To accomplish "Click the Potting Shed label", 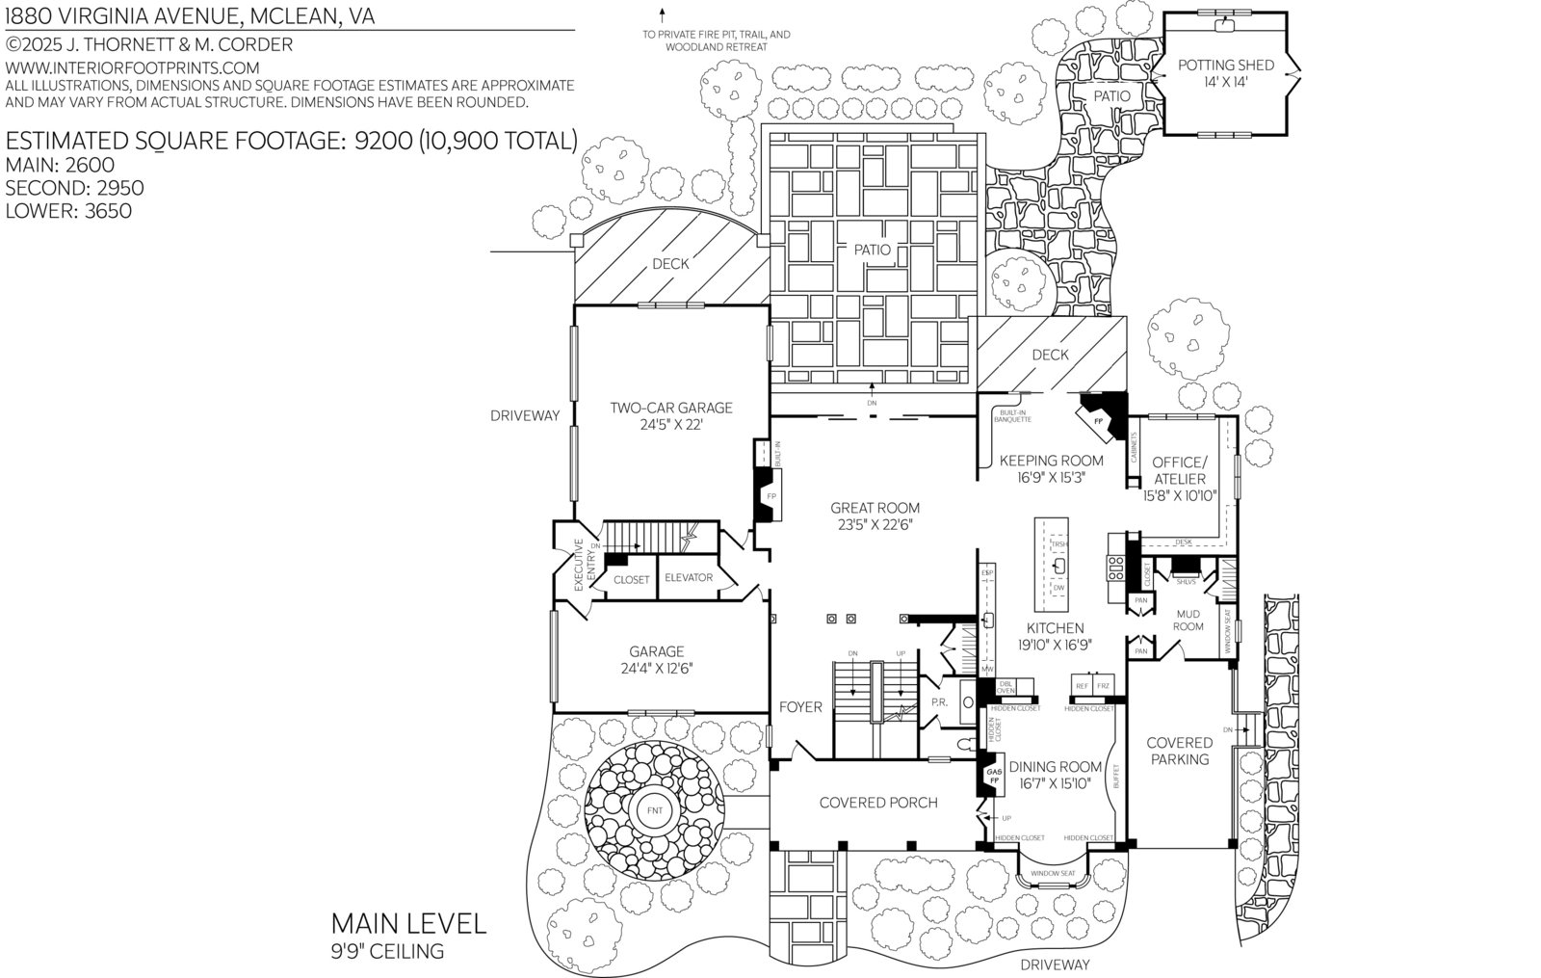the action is (1225, 66).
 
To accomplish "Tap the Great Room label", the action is (875, 508).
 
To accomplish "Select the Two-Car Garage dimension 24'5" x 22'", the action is (670, 425).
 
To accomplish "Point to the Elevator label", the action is (689, 578).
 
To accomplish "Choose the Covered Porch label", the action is (877, 803).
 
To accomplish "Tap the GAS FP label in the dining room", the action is (994, 773).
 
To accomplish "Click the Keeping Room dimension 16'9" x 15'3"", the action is (1051, 477).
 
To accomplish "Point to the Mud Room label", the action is (1188, 621).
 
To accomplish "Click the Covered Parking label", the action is (1180, 751).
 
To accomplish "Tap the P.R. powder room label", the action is (939, 702).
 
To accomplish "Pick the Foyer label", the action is (800, 707).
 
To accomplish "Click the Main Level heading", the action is (408, 923).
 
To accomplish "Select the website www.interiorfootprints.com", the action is (133, 67).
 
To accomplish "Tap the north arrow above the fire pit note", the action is (663, 15).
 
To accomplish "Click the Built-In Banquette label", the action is (1014, 416).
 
